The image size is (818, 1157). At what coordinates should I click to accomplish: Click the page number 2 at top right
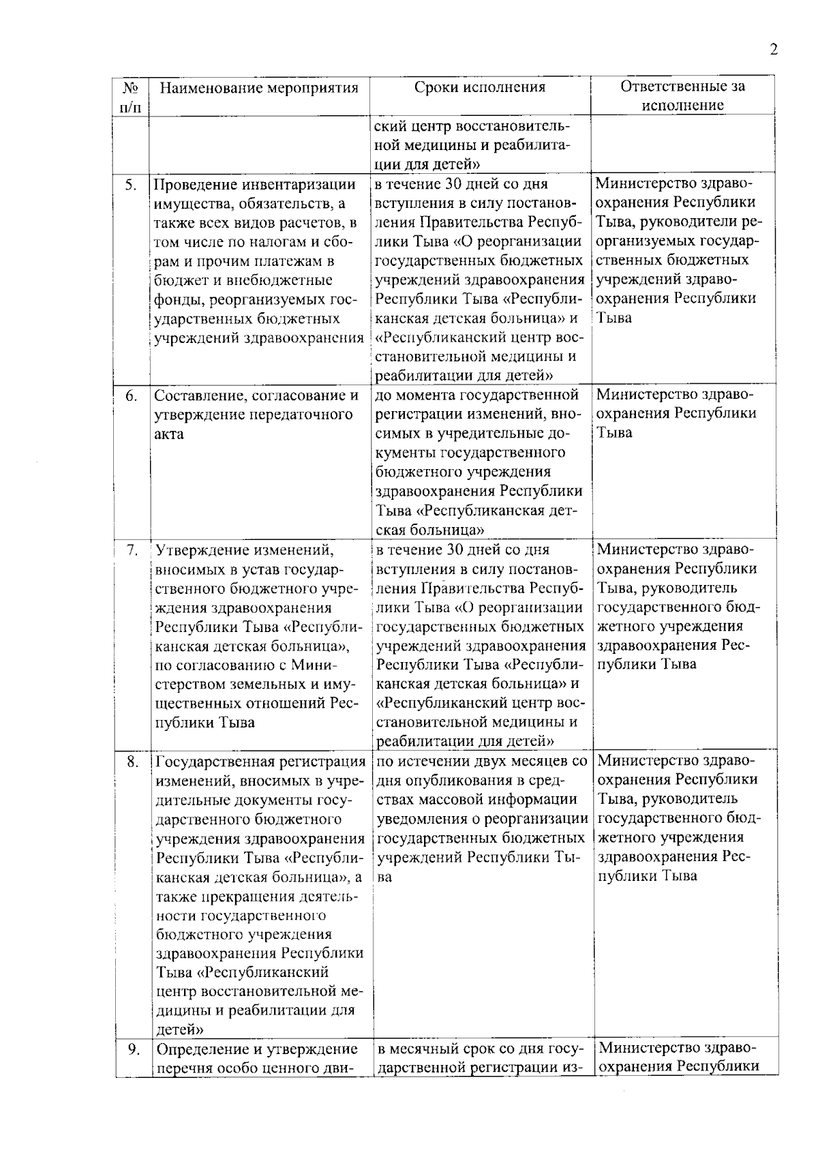(773, 50)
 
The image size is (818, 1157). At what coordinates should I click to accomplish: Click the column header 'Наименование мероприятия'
(259, 88)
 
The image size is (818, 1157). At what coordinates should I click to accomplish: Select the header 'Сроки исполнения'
(480, 87)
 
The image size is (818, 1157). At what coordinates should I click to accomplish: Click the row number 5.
(132, 185)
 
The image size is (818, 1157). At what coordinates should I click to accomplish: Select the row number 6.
(132, 396)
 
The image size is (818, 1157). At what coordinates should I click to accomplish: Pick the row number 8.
(132, 762)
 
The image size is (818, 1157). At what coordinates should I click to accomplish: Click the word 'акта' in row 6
(168, 434)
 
